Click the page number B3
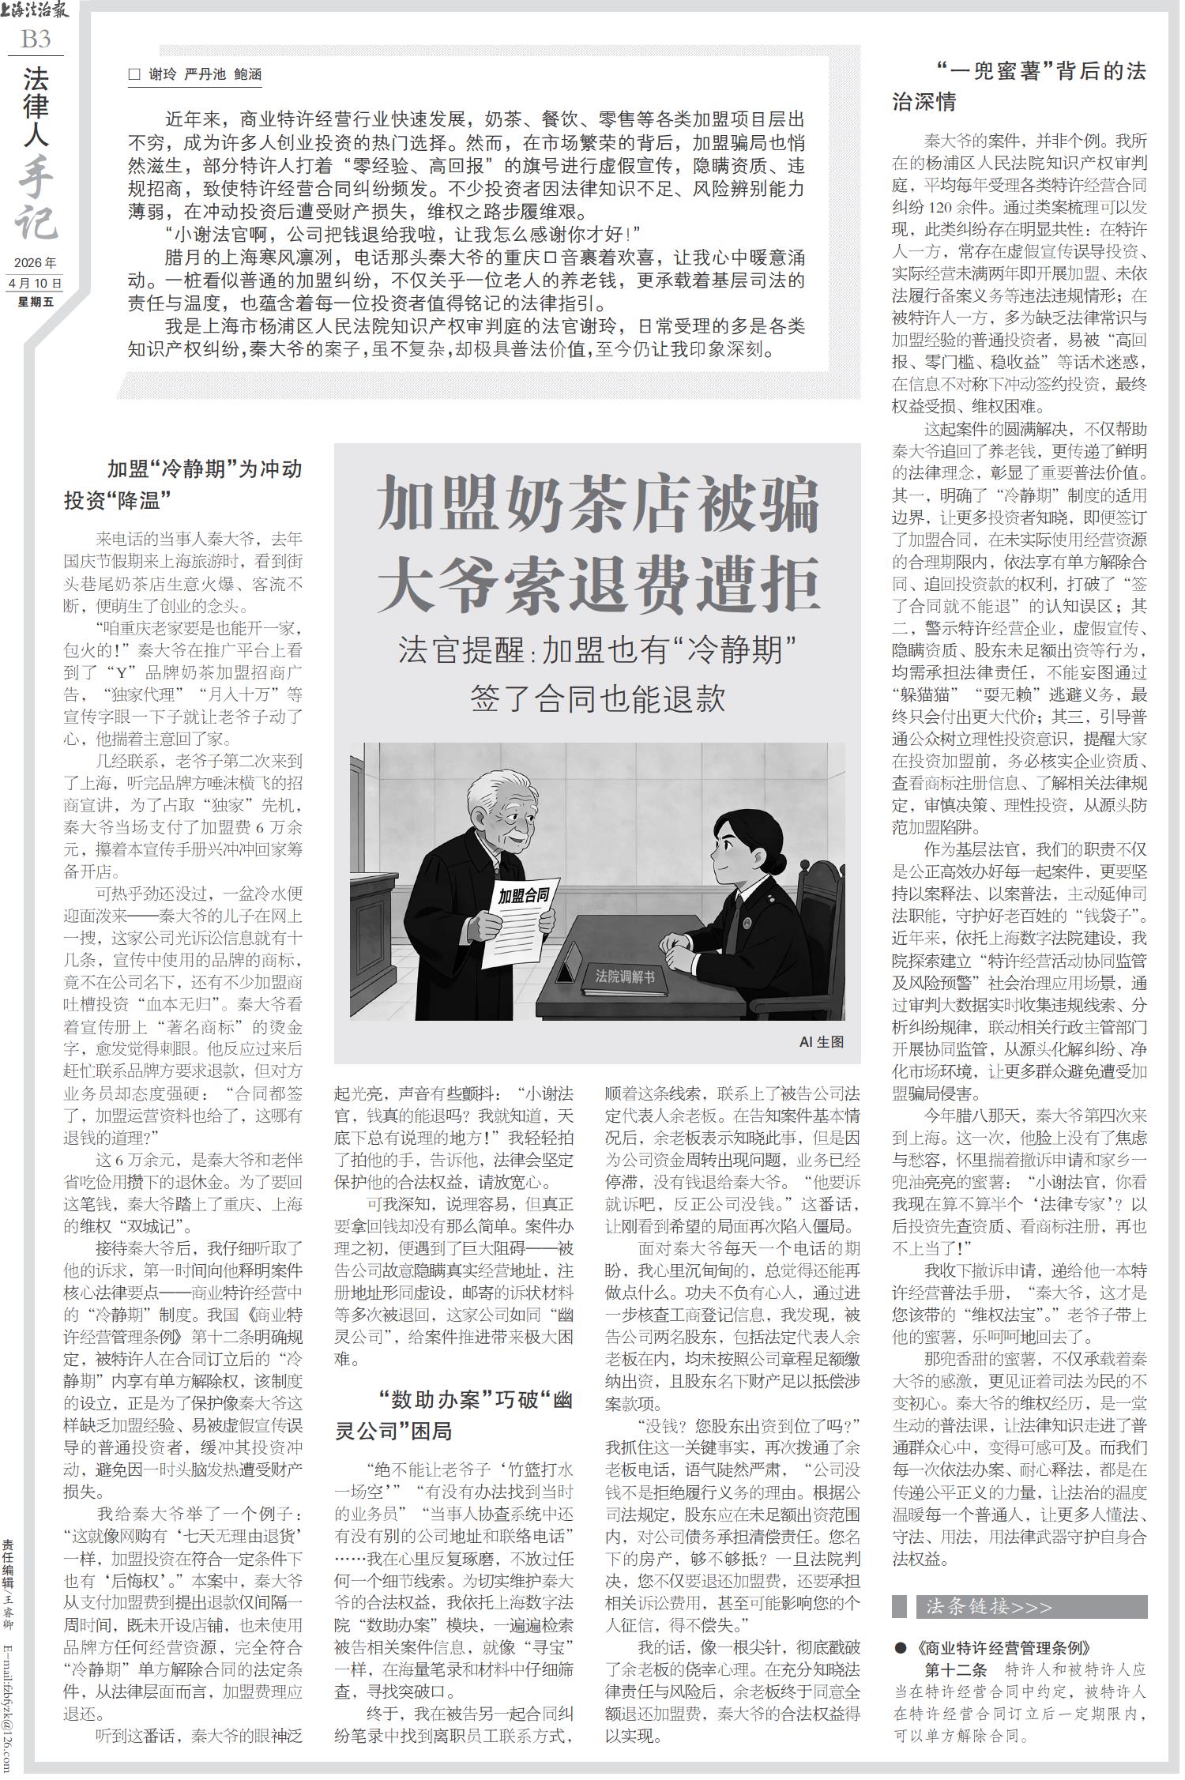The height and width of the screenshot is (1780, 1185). [36, 39]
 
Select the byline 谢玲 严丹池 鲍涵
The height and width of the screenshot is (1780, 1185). [205, 75]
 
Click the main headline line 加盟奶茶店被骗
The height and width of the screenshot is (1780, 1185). [598, 506]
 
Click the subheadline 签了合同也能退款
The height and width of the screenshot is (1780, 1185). [597, 698]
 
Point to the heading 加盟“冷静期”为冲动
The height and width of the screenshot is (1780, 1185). [205, 469]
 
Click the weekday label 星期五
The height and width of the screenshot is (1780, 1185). [36, 301]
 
